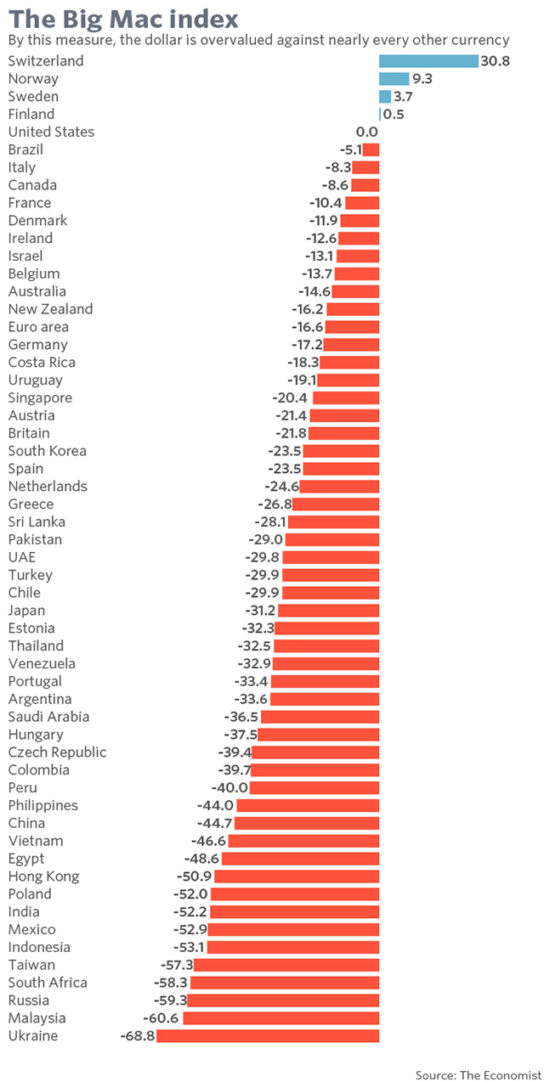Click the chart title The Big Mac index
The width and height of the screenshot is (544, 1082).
point(123,18)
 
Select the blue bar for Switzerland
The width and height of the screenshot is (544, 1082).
point(428,61)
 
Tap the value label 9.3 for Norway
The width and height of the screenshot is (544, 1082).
point(422,79)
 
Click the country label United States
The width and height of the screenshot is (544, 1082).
point(51,132)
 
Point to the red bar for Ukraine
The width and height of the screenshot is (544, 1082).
point(268,1036)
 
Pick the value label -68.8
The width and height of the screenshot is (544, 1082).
point(137,1036)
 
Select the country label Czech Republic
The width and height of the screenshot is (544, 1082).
point(58,752)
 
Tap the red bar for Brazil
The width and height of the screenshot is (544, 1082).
point(371,149)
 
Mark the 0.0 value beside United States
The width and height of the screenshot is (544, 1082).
point(366,132)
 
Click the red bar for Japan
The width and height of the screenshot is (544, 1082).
point(328,611)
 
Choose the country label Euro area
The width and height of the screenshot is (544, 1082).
point(38,327)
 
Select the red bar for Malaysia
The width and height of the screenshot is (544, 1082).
point(281,1018)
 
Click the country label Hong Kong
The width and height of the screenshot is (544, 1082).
point(43,876)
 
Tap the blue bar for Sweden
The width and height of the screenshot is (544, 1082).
point(385,97)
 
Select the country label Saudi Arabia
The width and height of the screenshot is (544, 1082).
point(48,717)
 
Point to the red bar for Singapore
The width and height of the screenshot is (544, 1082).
point(346,397)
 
